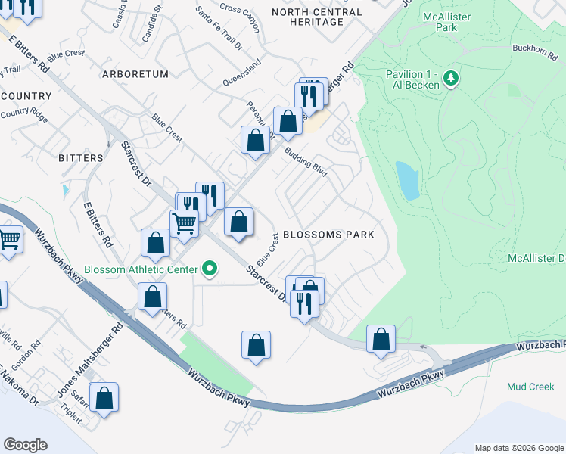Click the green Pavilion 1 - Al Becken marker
[x=451, y=78]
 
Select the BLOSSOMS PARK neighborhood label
[x=328, y=235]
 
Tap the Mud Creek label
[x=530, y=387]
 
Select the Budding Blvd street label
[x=306, y=162]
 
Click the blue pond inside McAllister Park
[x=408, y=181]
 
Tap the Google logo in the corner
[x=25, y=445]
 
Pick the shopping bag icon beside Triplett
[x=104, y=397]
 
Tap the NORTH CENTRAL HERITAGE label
[x=307, y=17]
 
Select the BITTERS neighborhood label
[x=80, y=158]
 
